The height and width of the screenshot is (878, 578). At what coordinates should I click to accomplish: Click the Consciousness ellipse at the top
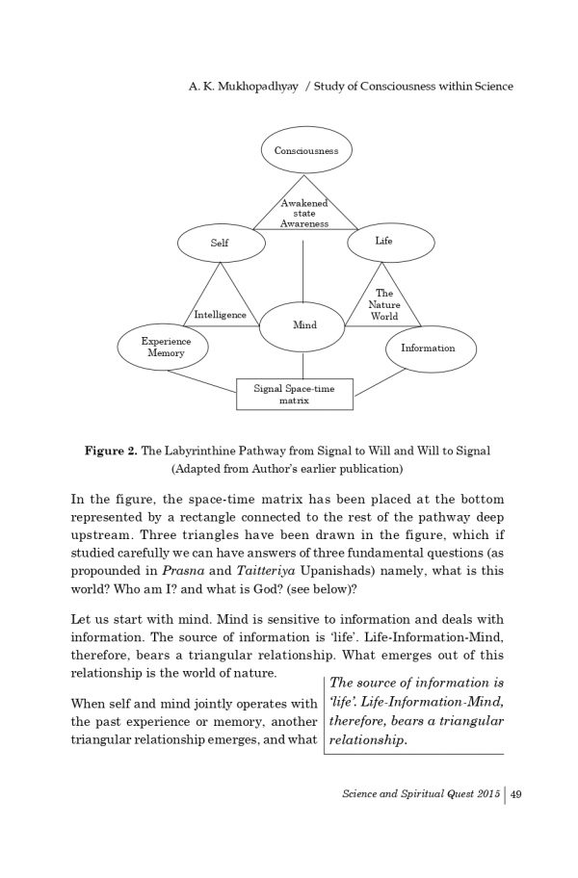click(x=305, y=151)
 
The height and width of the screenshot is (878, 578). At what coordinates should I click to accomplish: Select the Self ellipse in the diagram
click(x=220, y=243)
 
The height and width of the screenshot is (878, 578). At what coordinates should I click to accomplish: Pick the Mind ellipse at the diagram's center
click(x=304, y=325)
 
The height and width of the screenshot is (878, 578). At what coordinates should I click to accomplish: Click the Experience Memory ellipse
click(x=166, y=347)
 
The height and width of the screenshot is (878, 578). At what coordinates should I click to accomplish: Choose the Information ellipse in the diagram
click(x=428, y=348)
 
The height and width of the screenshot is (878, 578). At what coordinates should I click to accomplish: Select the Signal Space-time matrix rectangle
click(x=294, y=394)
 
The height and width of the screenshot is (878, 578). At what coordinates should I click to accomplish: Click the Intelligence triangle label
click(x=220, y=315)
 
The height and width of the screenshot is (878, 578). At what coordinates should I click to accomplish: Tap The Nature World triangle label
click(x=383, y=304)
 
